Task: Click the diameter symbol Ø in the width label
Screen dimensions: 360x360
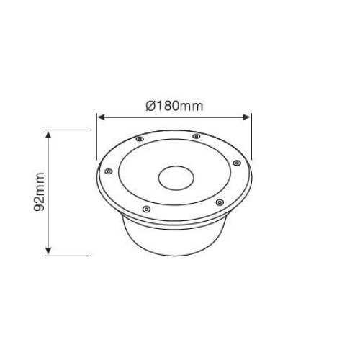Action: click(150, 106)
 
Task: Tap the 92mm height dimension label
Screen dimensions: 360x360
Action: click(39, 192)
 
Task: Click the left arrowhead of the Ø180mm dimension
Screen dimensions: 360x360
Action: click(102, 117)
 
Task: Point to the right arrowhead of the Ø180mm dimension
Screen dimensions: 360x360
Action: click(246, 117)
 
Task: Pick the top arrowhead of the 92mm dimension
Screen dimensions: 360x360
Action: click(48, 135)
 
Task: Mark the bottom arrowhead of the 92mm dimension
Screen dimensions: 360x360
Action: click(48, 251)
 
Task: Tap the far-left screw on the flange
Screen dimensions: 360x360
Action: click(109, 171)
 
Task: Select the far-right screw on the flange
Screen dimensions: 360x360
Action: click(237, 163)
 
